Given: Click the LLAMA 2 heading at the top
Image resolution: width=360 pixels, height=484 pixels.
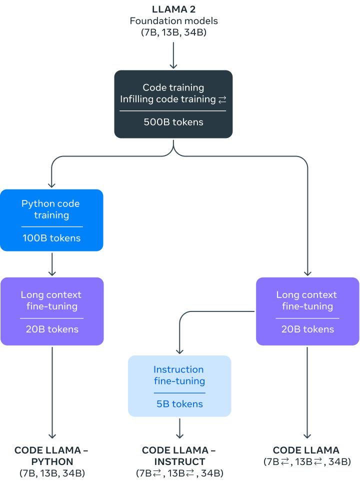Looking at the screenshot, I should (173, 9).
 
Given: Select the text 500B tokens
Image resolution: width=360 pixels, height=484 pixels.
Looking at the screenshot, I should (173, 122).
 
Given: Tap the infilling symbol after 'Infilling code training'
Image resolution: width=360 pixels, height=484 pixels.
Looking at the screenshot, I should (222, 99).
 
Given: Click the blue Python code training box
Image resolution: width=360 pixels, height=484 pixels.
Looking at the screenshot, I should (51, 219).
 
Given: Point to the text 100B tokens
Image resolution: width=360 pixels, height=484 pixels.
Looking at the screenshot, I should (51, 238).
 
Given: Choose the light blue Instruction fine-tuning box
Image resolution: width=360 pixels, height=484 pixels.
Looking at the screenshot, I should (179, 385).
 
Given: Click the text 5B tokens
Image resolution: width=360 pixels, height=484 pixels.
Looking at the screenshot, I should (179, 404).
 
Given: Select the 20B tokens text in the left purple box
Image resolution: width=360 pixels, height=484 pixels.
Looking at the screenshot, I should (52, 329).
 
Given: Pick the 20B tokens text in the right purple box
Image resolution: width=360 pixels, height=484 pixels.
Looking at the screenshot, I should (307, 329).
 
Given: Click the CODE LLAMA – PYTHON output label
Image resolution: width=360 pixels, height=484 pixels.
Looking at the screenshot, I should (51, 455).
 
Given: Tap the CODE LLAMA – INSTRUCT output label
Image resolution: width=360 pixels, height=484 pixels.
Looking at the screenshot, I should (179, 455).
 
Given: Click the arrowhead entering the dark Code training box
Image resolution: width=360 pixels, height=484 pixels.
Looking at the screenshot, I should (173, 65).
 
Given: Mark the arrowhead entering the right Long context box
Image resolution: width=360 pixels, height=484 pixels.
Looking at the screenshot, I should (307, 272).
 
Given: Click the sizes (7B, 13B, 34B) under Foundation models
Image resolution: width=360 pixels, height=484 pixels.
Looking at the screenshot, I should (173, 32).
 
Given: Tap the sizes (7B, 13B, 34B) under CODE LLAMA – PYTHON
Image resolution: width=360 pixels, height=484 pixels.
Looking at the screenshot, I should (51, 473).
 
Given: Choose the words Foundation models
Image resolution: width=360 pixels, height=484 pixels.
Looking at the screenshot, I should (173, 21).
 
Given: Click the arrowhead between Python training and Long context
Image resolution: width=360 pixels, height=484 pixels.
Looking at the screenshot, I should (52, 272).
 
